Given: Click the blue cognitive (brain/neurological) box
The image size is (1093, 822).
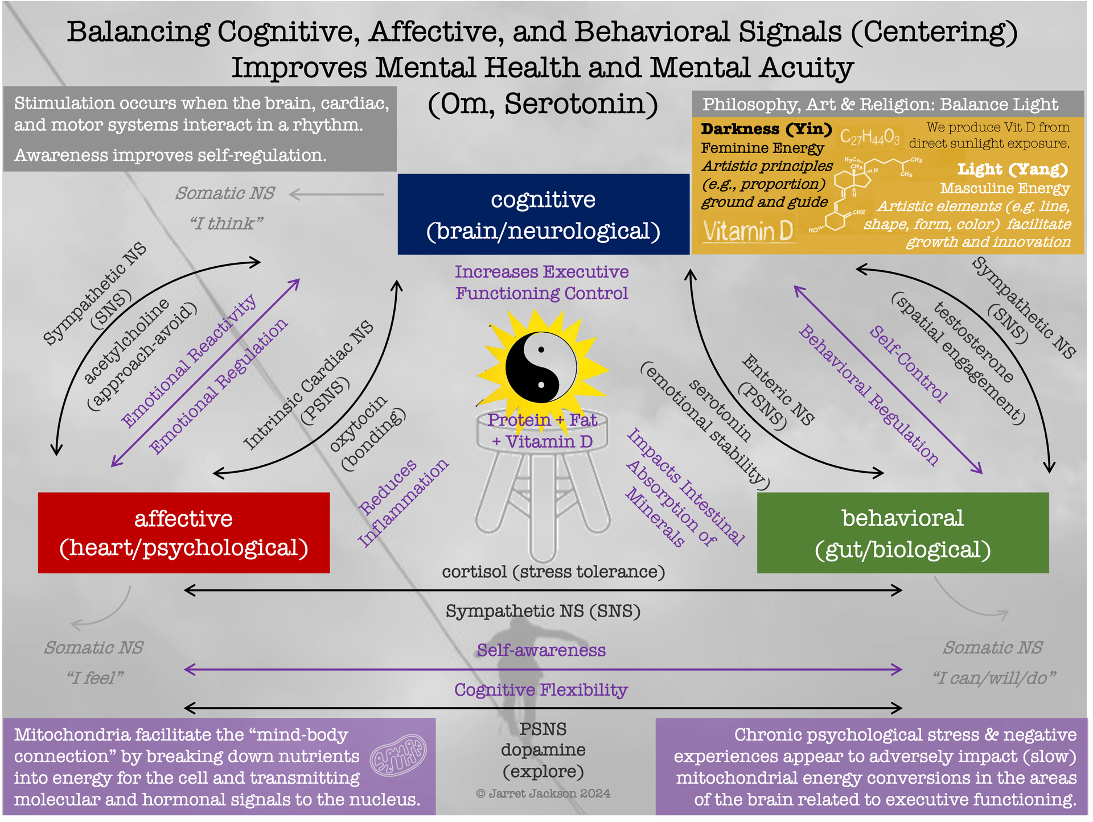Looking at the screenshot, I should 543,214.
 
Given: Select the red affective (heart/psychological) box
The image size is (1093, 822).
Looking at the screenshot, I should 184,532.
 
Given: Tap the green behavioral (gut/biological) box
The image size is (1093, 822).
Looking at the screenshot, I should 902,533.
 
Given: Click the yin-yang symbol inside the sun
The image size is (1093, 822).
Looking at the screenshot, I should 541,367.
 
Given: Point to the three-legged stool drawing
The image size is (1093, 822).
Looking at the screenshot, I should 543,484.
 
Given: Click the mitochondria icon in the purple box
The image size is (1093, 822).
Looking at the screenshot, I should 398,755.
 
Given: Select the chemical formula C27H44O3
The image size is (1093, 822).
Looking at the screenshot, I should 869,137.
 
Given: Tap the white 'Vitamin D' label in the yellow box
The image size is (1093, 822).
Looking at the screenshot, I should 748,232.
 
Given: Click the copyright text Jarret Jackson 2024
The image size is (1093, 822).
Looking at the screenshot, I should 543,794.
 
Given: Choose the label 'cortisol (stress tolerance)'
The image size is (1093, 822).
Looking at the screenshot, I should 553,572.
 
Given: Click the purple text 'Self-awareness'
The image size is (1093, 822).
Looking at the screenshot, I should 541,650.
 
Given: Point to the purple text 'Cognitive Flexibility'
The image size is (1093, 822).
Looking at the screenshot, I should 540,690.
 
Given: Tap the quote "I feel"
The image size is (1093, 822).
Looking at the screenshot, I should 94,678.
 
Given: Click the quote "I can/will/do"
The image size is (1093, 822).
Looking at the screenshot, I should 993,678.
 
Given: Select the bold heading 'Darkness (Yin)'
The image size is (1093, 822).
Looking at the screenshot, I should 766,129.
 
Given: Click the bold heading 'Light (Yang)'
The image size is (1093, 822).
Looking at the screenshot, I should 1012,169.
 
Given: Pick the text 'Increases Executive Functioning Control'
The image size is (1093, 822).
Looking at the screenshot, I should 541,283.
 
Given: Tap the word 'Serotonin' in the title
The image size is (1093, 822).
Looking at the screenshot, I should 581,104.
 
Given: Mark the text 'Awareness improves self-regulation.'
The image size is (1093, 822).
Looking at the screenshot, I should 170,155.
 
